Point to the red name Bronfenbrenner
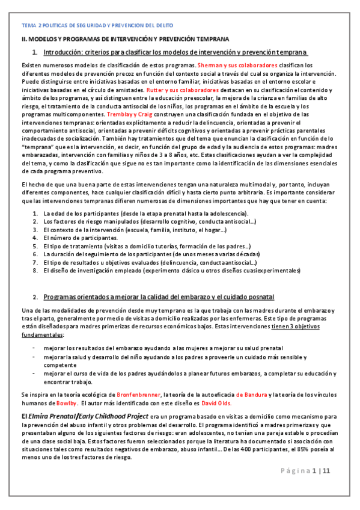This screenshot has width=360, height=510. click(133, 394)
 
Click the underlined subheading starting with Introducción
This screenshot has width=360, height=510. click(175, 52)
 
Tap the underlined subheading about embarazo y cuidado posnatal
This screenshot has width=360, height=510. click(159, 297)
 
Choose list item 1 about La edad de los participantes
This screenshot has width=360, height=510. click(136, 214)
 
